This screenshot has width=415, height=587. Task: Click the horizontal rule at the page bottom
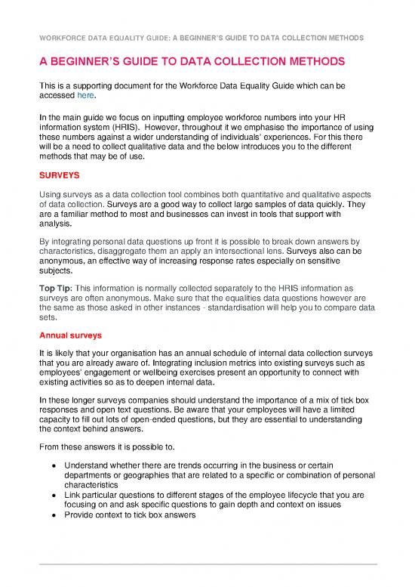pos(207,564)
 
